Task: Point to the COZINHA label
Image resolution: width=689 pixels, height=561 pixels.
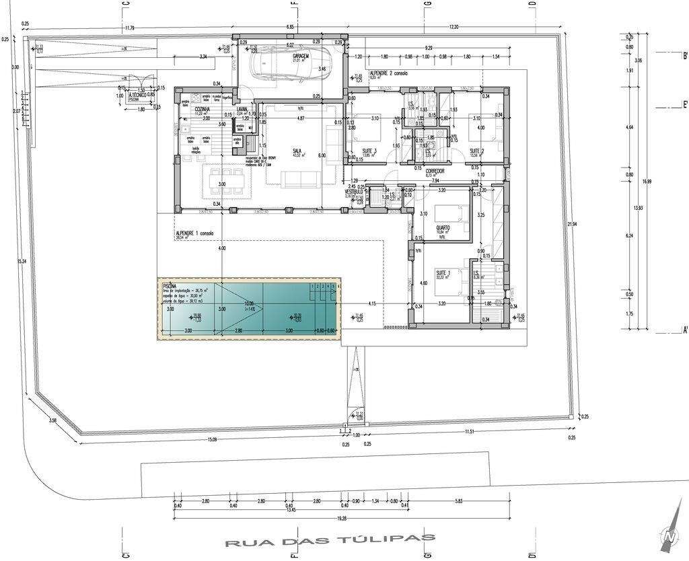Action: (x=203, y=108)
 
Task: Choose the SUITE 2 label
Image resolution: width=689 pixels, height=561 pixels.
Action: (x=477, y=151)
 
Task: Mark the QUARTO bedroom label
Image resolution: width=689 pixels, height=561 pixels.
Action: (x=442, y=227)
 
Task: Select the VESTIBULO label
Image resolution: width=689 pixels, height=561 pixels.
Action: (x=355, y=191)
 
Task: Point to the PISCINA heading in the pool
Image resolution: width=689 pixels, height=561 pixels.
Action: (x=170, y=285)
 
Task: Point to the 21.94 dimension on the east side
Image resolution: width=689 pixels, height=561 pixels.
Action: (x=572, y=224)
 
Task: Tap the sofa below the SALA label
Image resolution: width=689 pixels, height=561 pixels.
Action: (x=300, y=179)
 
